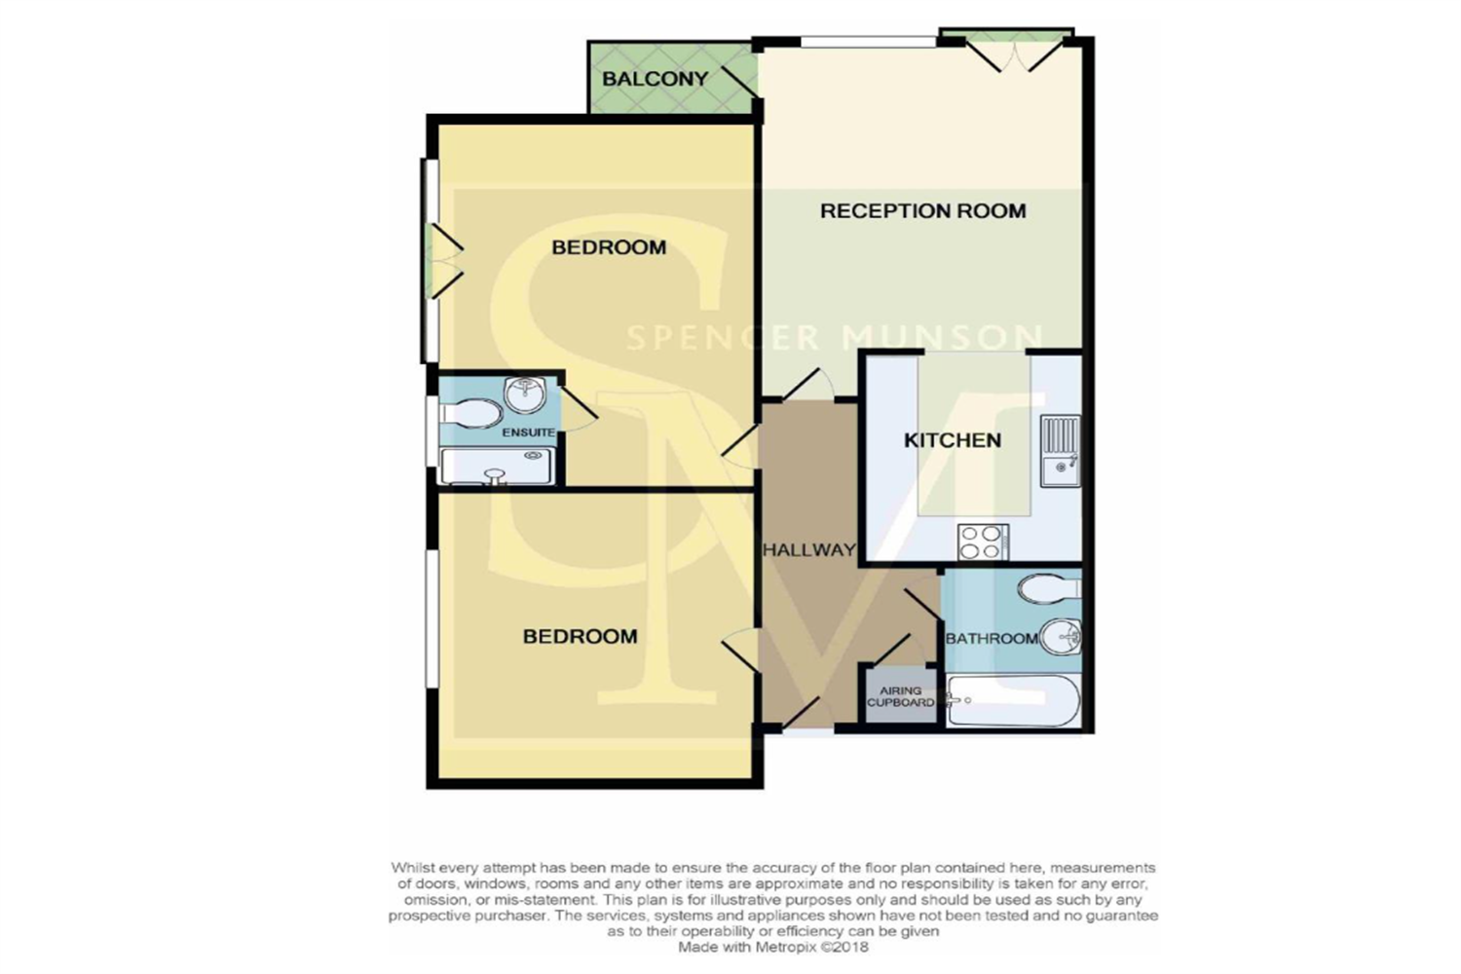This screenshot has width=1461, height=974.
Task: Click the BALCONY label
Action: tap(655, 79)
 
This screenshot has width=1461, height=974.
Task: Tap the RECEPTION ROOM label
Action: tap(923, 210)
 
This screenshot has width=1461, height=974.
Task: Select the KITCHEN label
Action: tap(953, 440)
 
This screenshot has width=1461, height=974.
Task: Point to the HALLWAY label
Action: tap(808, 550)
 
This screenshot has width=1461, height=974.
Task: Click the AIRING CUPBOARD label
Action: tap(901, 696)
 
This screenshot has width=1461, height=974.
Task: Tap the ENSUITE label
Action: tap(528, 432)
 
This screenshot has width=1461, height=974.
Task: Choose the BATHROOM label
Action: tap(992, 639)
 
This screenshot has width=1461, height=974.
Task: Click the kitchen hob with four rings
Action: tap(983, 543)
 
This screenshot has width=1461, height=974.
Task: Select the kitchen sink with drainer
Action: tap(1060, 451)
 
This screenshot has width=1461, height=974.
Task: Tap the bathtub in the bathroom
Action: tap(1013, 701)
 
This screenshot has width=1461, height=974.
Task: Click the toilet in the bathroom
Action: tap(1049, 589)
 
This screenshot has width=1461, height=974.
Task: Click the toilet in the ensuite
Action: tap(470, 414)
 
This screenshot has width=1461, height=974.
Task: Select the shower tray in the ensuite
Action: tap(497, 466)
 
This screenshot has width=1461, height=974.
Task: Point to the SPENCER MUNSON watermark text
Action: tap(834, 338)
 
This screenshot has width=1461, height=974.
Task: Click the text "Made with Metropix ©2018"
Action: tap(773, 947)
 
